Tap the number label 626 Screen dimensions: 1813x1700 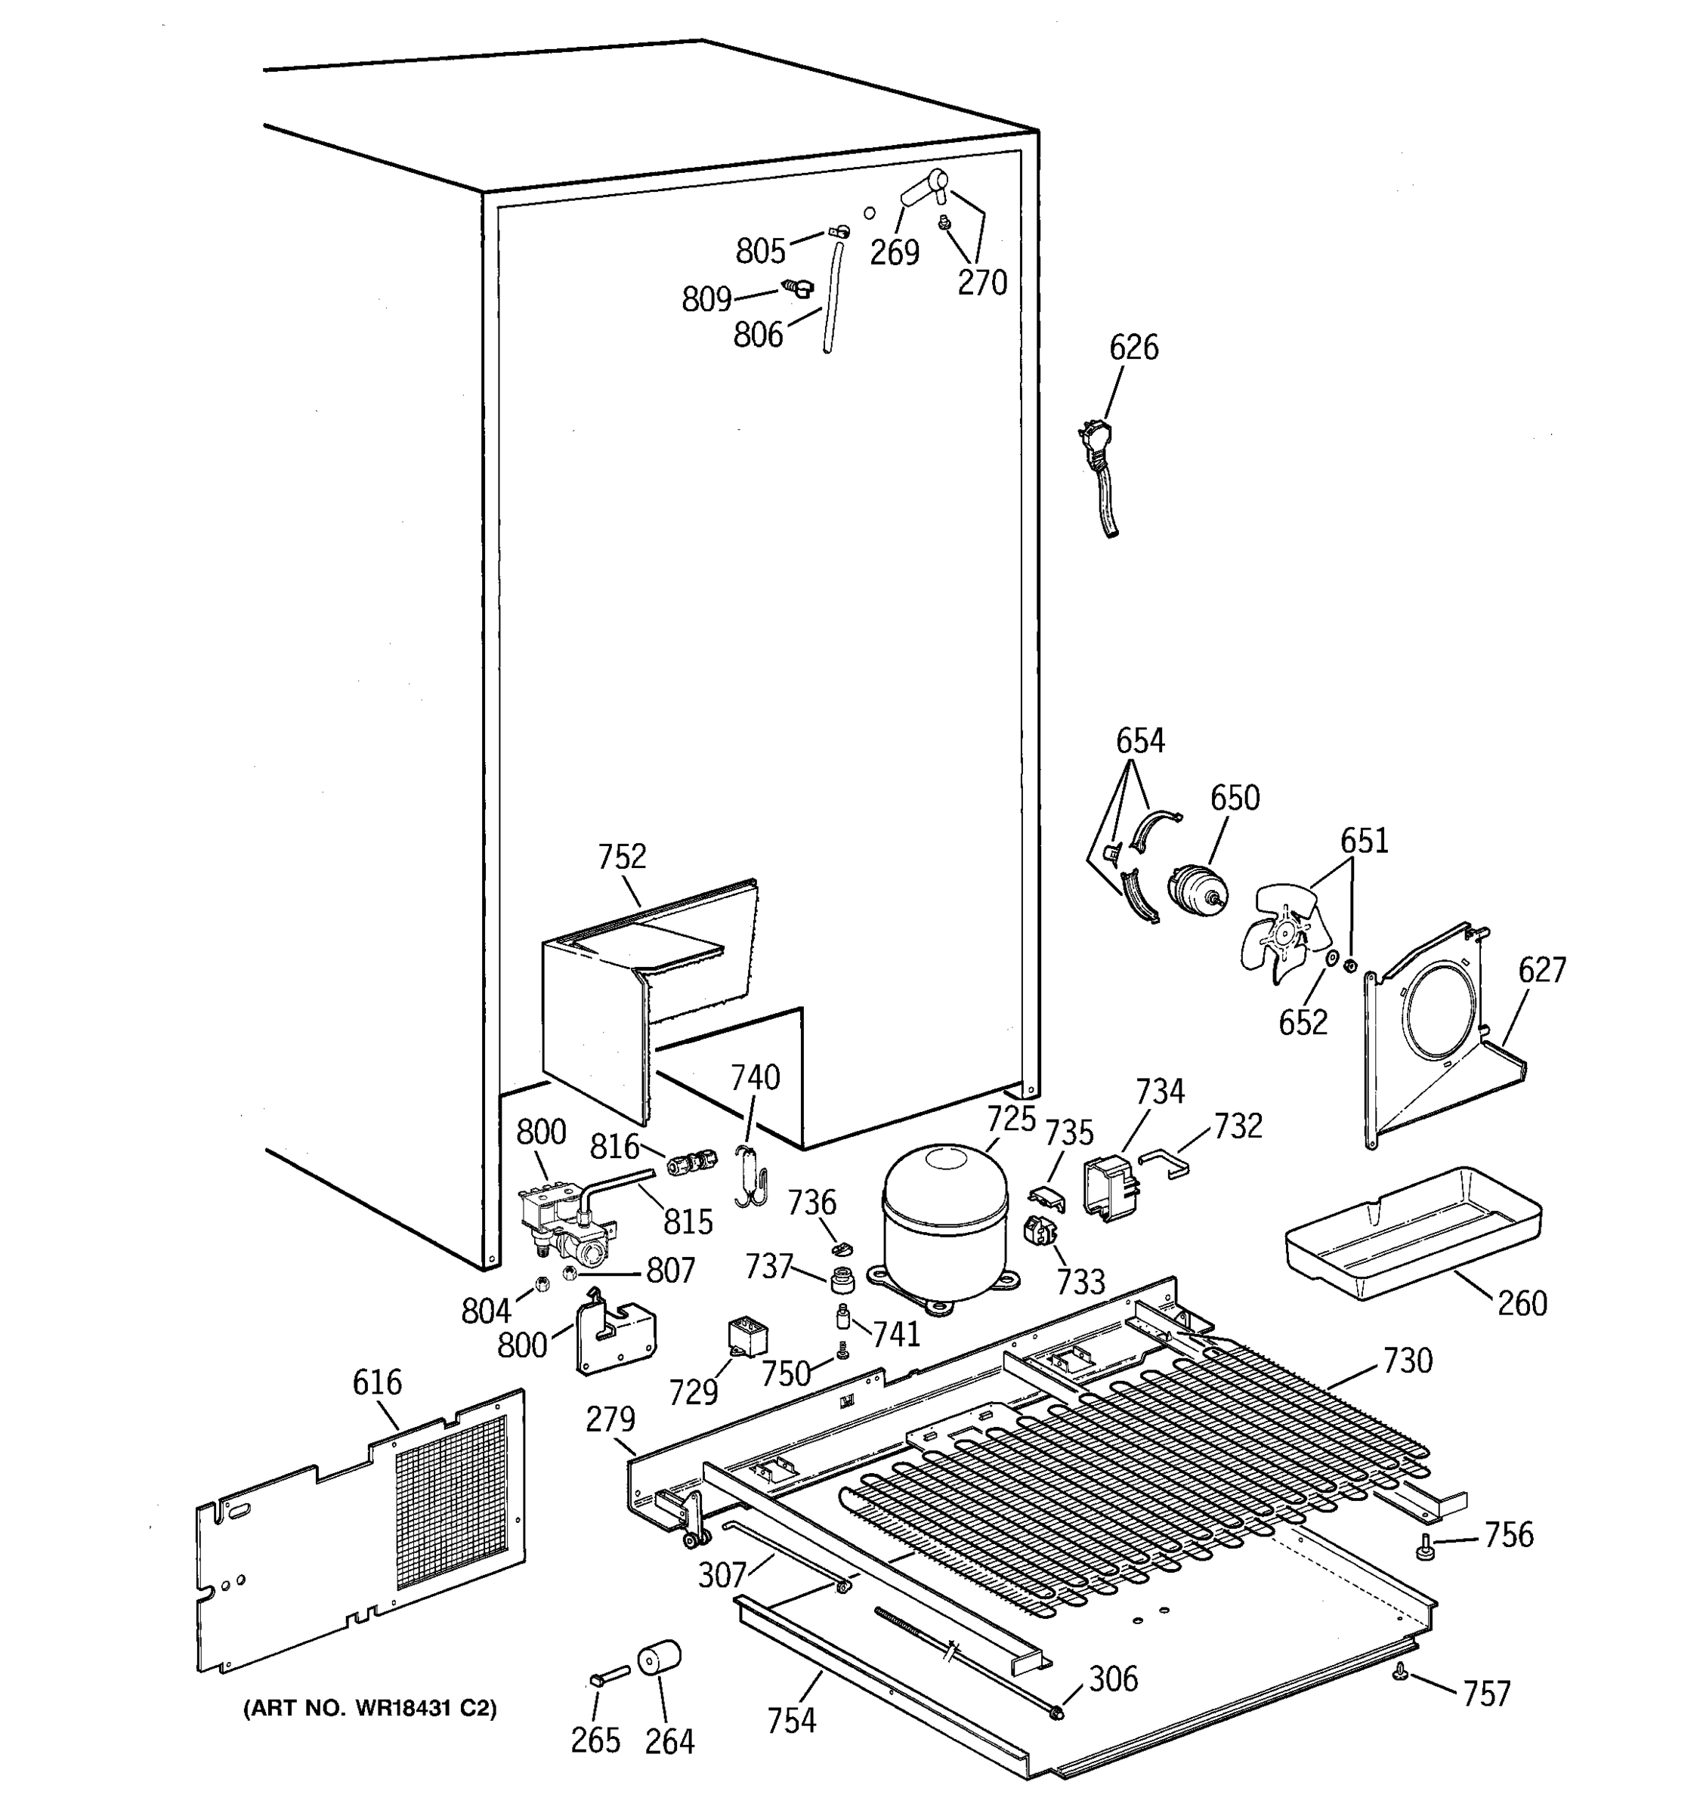click(1133, 347)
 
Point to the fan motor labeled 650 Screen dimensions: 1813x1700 click(1195, 891)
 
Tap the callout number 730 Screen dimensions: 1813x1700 click(1408, 1361)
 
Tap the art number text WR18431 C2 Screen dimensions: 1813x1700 click(369, 1708)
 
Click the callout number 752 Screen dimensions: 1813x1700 click(622, 857)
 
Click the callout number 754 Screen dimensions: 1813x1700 click(791, 1720)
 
